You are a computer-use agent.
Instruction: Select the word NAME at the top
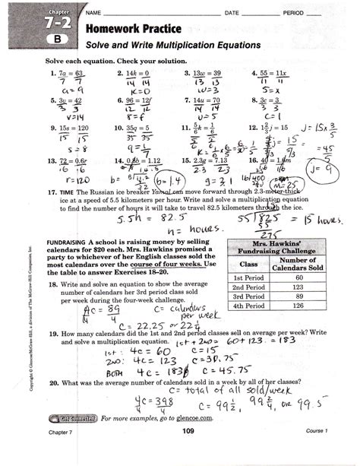point(94,13)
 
